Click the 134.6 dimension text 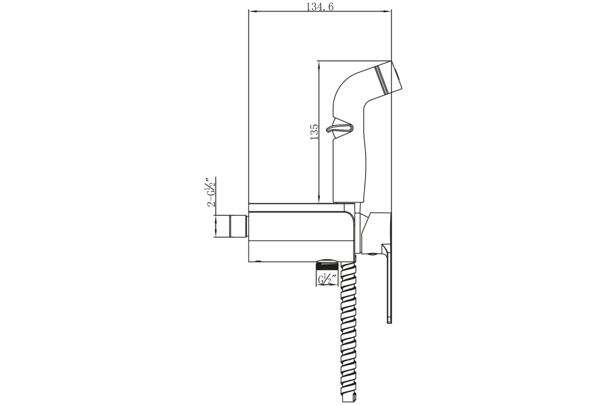(320, 7)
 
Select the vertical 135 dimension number (314, 132)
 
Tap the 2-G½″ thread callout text (211, 192)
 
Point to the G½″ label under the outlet (327, 279)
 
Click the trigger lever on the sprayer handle (340, 128)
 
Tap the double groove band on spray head (381, 79)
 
